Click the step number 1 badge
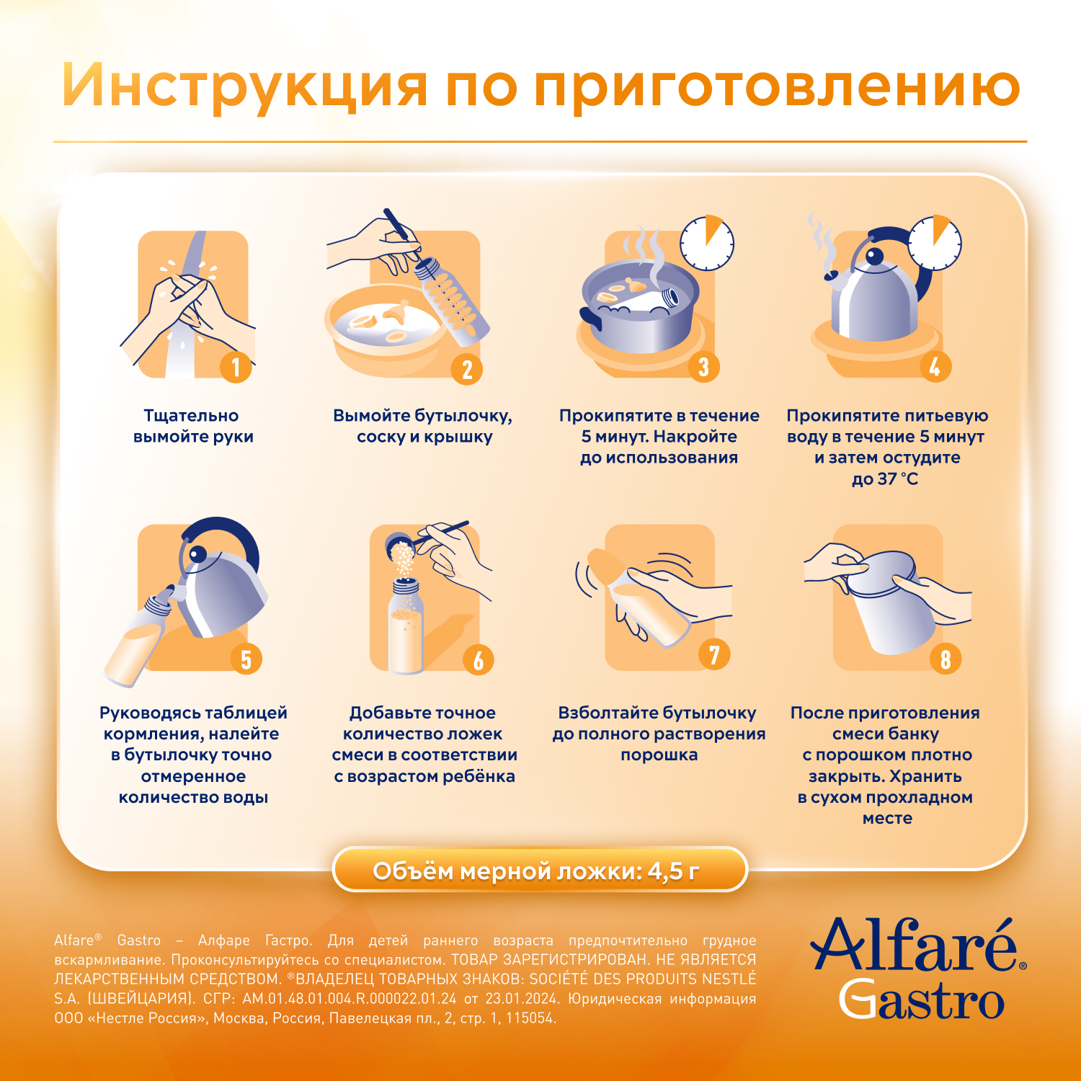236,367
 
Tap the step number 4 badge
935,367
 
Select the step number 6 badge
478,659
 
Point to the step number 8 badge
945,659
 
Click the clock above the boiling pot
707,243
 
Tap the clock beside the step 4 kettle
934,243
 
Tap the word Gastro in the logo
922,1000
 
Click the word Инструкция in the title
245,87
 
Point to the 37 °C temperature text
897,479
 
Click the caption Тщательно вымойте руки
193,426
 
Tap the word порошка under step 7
659,755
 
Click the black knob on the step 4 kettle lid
874,257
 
